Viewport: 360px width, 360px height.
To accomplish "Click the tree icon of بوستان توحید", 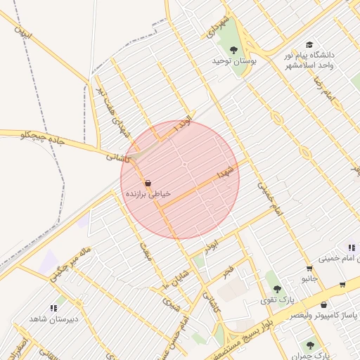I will tap(234, 50).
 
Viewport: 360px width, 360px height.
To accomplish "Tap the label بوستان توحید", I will tap(235, 62).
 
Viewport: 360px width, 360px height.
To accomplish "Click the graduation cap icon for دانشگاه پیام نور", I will tap(309, 45).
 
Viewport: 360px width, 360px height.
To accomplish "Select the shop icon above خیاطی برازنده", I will tap(147, 183).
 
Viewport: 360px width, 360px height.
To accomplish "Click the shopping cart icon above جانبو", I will tap(309, 269).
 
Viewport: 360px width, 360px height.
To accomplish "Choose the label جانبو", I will tap(309, 279).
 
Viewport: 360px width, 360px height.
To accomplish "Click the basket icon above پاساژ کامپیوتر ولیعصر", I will tap(323, 305).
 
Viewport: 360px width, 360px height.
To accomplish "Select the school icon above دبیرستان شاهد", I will tap(53, 308).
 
